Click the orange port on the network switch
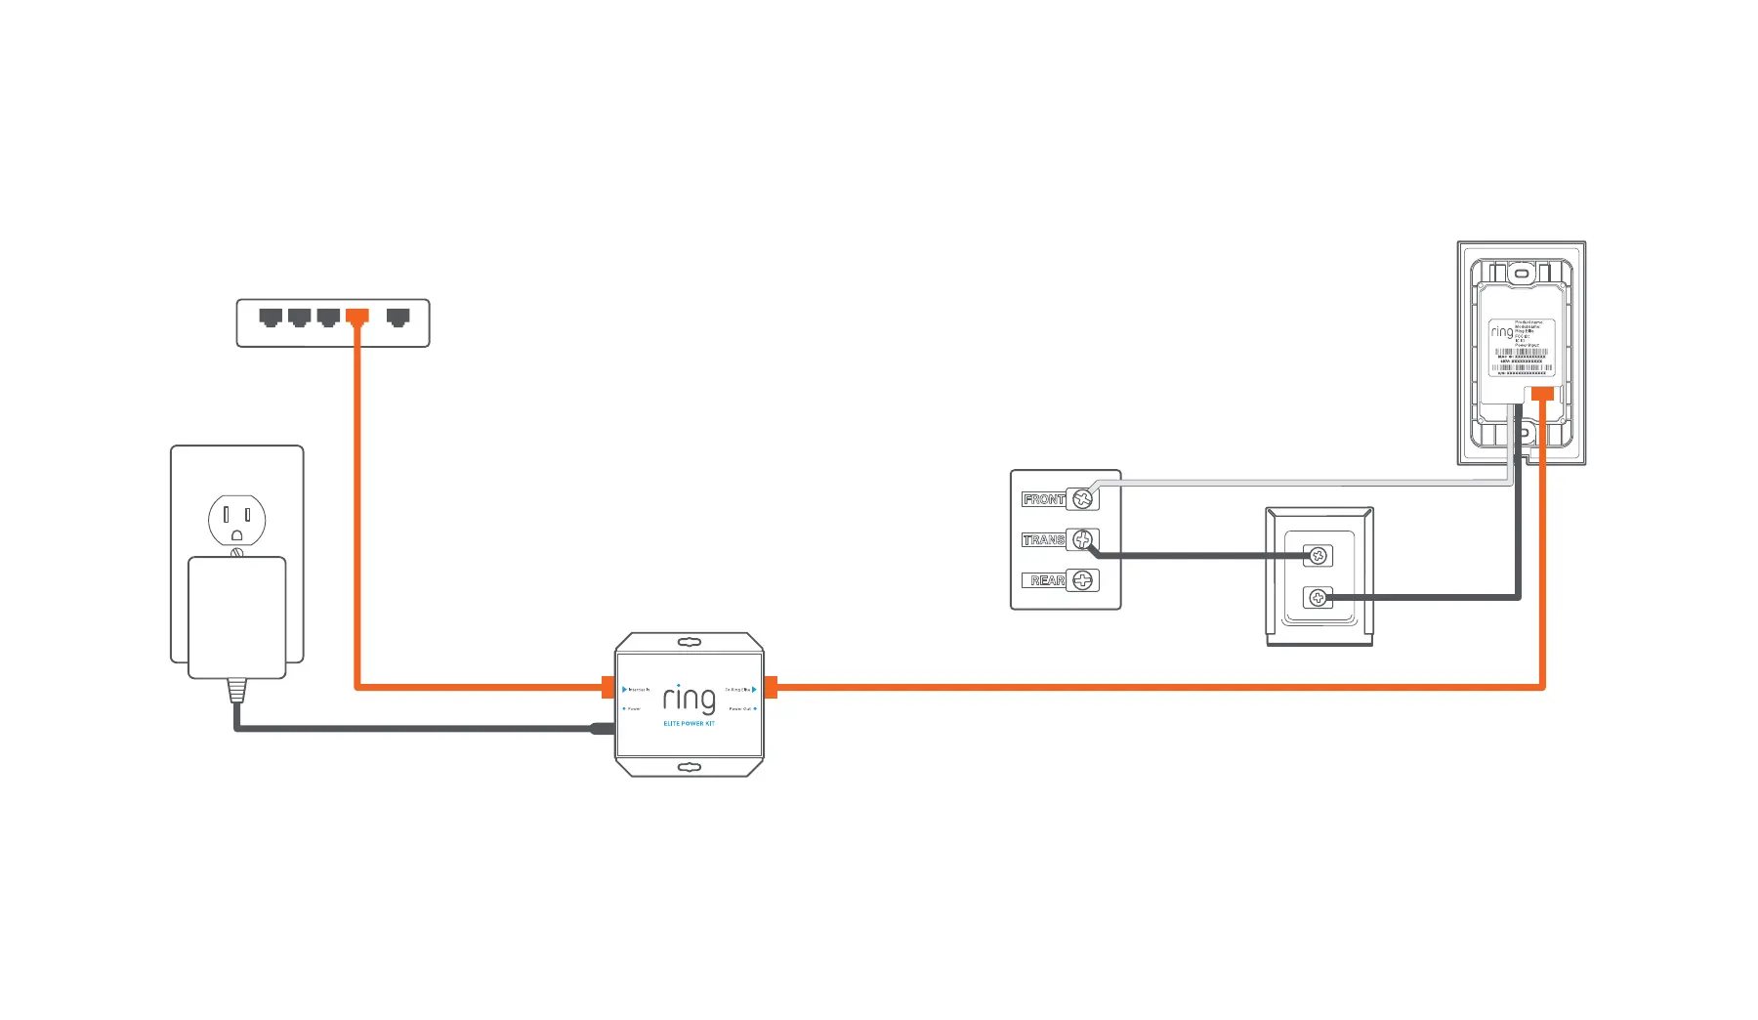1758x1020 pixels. (357, 317)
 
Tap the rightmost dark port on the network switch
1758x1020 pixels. (398, 317)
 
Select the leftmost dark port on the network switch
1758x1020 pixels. (271, 317)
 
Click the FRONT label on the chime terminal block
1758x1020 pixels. (1043, 499)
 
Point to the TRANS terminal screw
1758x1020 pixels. (1082, 539)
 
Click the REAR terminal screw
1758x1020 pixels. (1082, 580)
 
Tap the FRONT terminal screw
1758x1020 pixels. (1082, 499)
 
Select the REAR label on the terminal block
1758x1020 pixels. (1046, 580)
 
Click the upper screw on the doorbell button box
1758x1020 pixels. (1318, 556)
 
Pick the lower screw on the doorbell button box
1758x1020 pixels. (1318, 597)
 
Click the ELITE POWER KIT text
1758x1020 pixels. (689, 724)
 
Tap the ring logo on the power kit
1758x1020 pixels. (689, 699)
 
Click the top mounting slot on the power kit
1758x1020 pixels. (690, 642)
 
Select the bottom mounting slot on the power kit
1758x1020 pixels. (690, 767)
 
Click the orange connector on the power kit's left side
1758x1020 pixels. (608, 687)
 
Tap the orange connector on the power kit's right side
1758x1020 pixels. (771, 687)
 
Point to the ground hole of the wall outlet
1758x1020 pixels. (236, 535)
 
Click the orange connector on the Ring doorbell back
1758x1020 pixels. (1542, 393)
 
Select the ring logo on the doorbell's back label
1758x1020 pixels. (1501, 332)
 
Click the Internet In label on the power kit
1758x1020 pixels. (637, 690)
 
